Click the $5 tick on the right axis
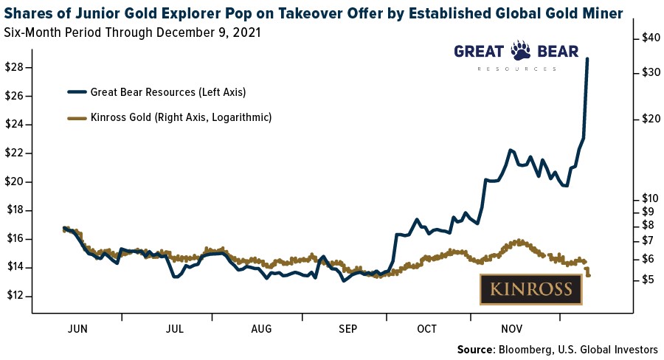(x=644, y=280)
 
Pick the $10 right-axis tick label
(x=647, y=198)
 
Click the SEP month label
(x=346, y=328)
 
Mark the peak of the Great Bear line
(x=587, y=58)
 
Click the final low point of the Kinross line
(x=589, y=275)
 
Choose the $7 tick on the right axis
(x=644, y=240)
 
